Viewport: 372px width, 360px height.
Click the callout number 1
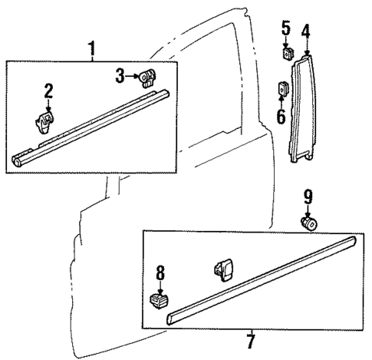click(x=92, y=50)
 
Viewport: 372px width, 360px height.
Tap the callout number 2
click(x=48, y=91)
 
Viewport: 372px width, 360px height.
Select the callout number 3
click(x=120, y=75)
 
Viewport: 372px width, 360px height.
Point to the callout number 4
click(x=305, y=32)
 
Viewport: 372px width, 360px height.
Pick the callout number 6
click(x=281, y=116)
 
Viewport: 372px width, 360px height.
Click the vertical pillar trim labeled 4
click(x=304, y=107)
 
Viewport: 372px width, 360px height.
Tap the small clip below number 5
click(x=287, y=54)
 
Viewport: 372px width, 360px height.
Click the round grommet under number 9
click(x=311, y=224)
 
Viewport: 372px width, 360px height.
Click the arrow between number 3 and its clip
click(x=131, y=75)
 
